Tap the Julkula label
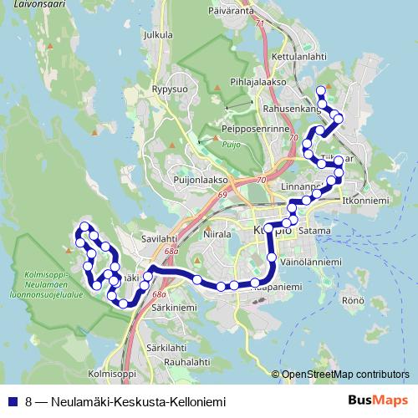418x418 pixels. click(158, 35)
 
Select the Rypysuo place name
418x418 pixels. click(170, 88)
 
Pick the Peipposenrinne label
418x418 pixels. click(256, 130)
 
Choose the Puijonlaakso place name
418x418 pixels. click(201, 179)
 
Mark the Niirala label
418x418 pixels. click(217, 235)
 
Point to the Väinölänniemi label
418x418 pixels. click(308, 262)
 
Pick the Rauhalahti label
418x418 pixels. click(186, 362)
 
